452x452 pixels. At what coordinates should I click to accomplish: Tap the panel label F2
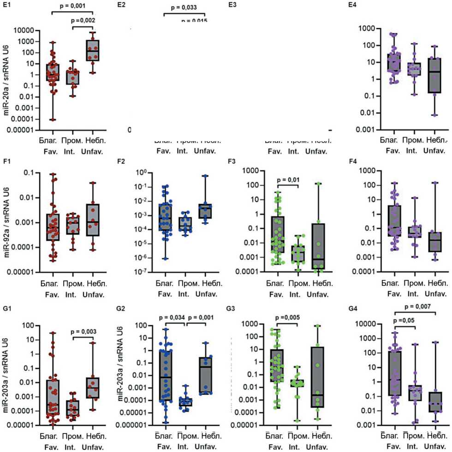[121, 161]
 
